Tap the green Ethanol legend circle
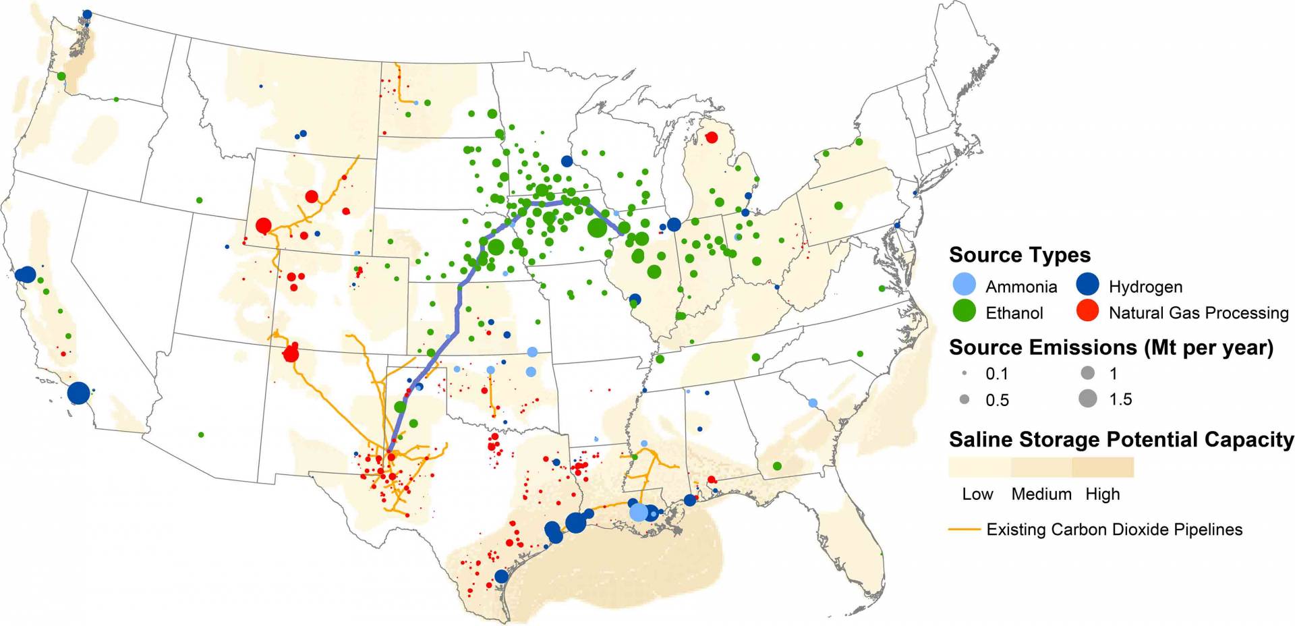coord(965,311)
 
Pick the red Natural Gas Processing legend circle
coord(1088,311)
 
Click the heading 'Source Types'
coord(1019,255)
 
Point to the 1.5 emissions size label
coord(1120,399)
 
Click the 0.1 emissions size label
coord(996,374)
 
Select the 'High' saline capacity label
coord(1102,494)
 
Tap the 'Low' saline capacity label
coord(977,494)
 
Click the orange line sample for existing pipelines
coord(964,530)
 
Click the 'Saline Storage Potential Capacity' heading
coord(1120,440)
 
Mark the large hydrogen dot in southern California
coord(79,392)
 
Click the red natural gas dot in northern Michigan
coord(711,138)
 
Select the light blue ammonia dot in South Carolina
coord(813,403)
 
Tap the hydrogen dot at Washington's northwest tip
coord(87,14)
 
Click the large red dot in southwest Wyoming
coord(264,225)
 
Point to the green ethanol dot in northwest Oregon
coord(61,76)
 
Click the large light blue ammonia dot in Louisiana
coord(638,512)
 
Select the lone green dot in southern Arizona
coord(201,434)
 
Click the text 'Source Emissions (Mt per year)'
coord(1110,347)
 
